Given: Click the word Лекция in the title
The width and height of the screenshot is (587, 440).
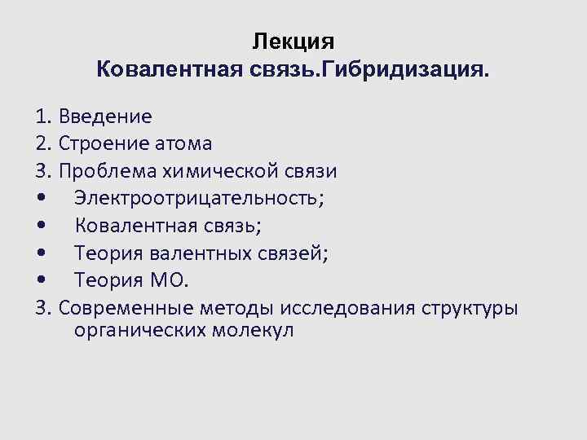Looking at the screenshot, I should click(x=293, y=41).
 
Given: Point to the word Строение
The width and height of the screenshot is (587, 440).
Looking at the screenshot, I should click(x=105, y=143).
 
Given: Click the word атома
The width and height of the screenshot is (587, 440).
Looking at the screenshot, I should click(x=185, y=143).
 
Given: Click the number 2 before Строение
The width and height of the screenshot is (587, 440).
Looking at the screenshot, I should click(x=42, y=143).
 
